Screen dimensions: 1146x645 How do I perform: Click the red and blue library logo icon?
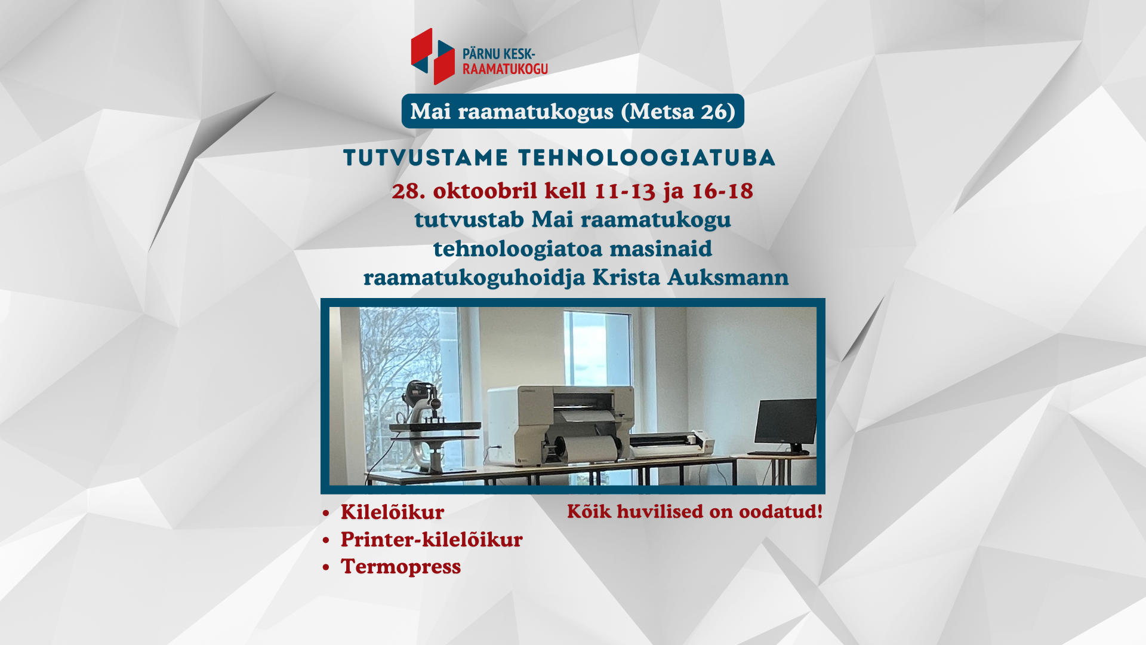[x=433, y=56]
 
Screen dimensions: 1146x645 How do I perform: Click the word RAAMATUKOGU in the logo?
[x=505, y=69]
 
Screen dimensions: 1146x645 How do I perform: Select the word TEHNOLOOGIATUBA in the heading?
[x=646, y=158]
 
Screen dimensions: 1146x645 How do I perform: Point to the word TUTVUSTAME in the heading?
[x=426, y=158]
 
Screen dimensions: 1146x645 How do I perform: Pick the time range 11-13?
[x=625, y=191]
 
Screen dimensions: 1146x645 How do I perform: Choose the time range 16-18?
[x=722, y=191]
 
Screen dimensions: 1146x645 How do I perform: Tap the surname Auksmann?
[x=728, y=277]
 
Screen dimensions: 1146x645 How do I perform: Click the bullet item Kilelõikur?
[x=392, y=512]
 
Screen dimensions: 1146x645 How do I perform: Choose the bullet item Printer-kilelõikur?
[x=432, y=539]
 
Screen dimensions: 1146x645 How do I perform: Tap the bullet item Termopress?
[x=401, y=567]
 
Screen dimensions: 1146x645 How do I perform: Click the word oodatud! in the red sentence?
[x=781, y=511]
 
